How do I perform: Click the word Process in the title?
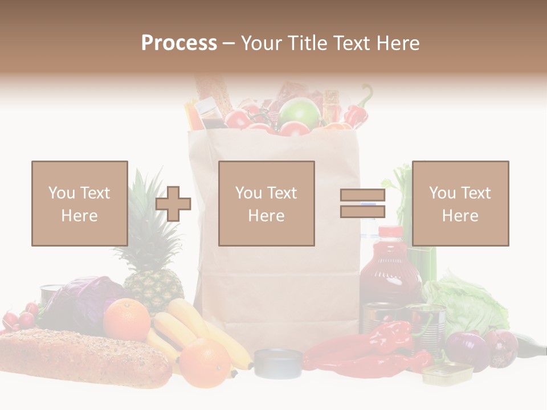179,43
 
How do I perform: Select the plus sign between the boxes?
173,204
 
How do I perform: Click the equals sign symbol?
362,203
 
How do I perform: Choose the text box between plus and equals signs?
267,204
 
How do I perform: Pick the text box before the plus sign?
80,204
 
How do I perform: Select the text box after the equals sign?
460,204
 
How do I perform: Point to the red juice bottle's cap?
390,232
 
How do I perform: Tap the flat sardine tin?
447,373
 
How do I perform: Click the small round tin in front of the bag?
277,363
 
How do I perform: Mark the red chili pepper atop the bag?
358,111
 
